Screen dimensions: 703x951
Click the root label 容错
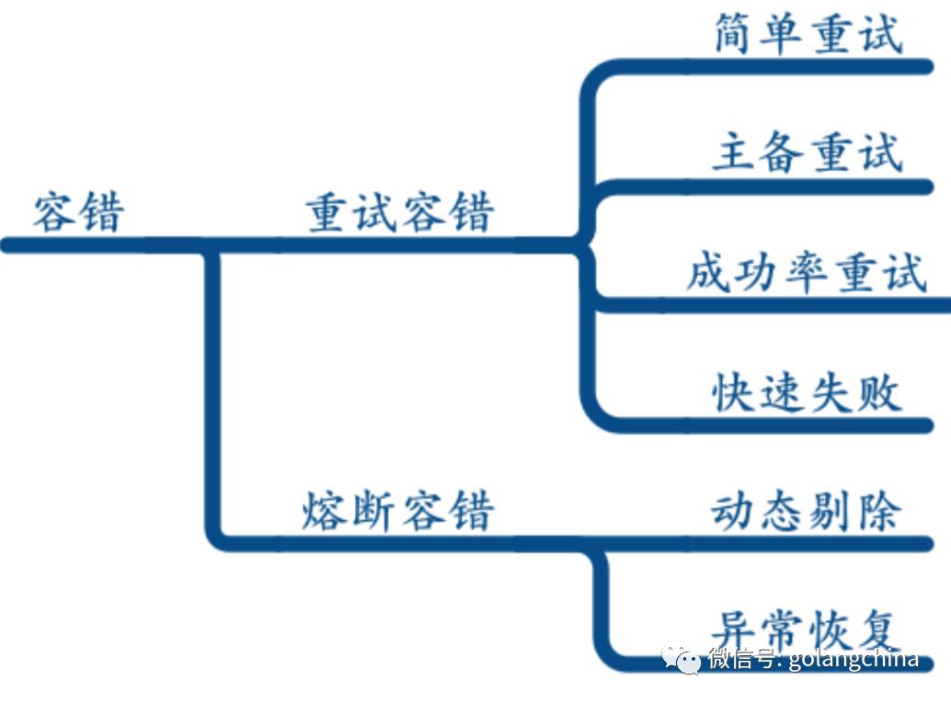click(x=78, y=212)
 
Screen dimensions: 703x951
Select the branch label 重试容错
click(x=399, y=212)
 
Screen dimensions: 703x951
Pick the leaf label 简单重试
click(x=808, y=35)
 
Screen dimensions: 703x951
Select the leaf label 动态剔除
click(x=806, y=510)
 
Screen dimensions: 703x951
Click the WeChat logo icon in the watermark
click(x=681, y=657)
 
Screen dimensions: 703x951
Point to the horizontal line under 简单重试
click(x=782, y=66)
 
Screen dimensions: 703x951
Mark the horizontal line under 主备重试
click(x=782, y=187)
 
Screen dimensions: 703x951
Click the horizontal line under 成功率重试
click(x=782, y=305)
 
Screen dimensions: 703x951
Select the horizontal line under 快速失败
click(x=782, y=425)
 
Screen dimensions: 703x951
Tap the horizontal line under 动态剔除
click(x=782, y=543)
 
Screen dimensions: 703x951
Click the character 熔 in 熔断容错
click(x=325, y=510)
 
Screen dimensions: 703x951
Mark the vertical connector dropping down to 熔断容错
click(x=212, y=395)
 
